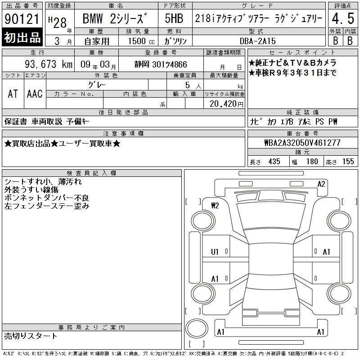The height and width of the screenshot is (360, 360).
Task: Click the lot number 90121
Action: point(22,19)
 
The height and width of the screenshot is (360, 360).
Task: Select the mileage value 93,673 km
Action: point(49,64)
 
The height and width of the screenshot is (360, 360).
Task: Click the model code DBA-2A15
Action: point(257,41)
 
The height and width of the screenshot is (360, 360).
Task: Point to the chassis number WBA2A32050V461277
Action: point(302,143)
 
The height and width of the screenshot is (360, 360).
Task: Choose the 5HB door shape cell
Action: point(174,18)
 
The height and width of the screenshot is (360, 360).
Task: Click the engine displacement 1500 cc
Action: point(141,41)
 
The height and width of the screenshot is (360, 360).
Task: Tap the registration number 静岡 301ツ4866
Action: point(161,64)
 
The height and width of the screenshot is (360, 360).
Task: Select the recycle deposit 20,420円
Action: point(226,104)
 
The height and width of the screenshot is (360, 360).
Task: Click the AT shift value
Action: point(13,94)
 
